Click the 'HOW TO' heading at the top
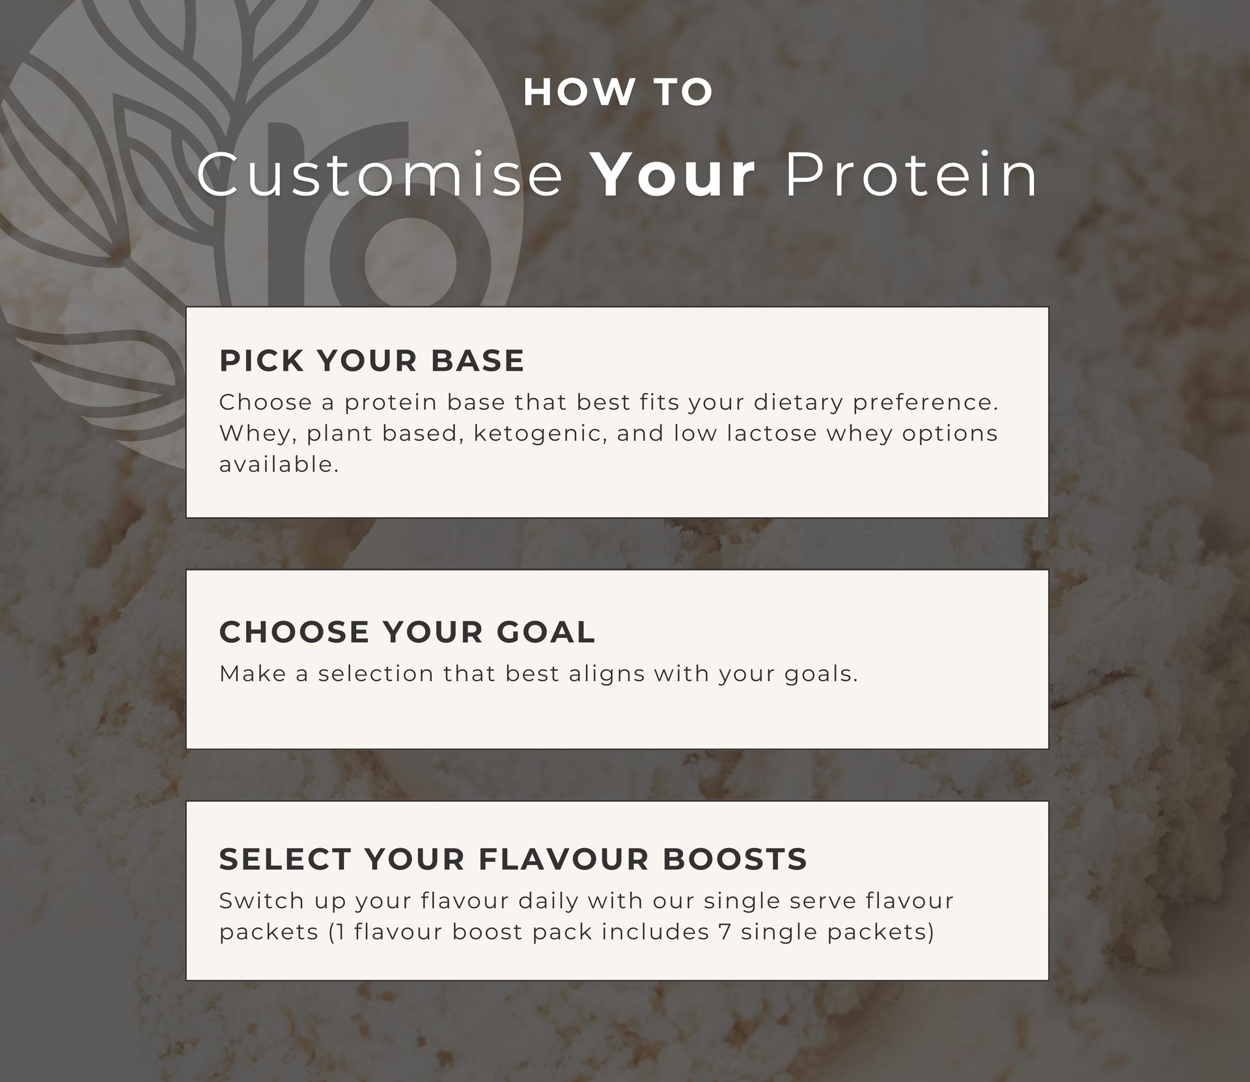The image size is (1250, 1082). [618, 92]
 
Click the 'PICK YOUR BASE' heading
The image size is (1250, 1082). [372, 361]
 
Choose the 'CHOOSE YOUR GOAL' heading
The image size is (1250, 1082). [407, 632]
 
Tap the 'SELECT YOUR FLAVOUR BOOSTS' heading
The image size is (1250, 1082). [513, 859]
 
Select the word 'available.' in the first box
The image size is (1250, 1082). [279, 464]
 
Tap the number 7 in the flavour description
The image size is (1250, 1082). [725, 932]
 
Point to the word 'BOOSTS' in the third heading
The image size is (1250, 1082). [735, 859]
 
